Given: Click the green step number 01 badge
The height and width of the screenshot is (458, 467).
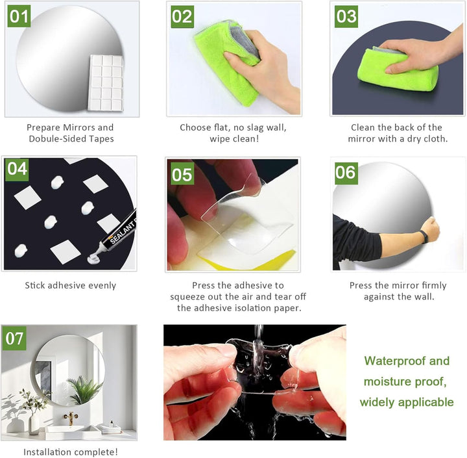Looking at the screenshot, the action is click(19, 16).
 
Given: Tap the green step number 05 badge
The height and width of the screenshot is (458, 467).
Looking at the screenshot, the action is click(182, 173).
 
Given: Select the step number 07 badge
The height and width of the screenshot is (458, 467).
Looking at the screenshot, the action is click(14, 338).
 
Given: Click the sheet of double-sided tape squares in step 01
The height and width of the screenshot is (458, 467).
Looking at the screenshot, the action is click(106, 83).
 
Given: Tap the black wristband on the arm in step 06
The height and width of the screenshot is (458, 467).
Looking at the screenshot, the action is click(425, 237).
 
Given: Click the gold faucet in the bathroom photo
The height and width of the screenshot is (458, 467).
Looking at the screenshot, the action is click(71, 418).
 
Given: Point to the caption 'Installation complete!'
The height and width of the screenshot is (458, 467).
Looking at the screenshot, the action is click(71, 452).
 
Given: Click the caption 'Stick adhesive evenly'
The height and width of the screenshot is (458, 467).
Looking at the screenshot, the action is click(71, 286).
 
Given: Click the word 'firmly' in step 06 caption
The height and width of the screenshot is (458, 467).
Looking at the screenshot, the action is click(433, 286).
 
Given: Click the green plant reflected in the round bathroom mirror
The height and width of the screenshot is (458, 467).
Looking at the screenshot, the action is click(84, 389).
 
